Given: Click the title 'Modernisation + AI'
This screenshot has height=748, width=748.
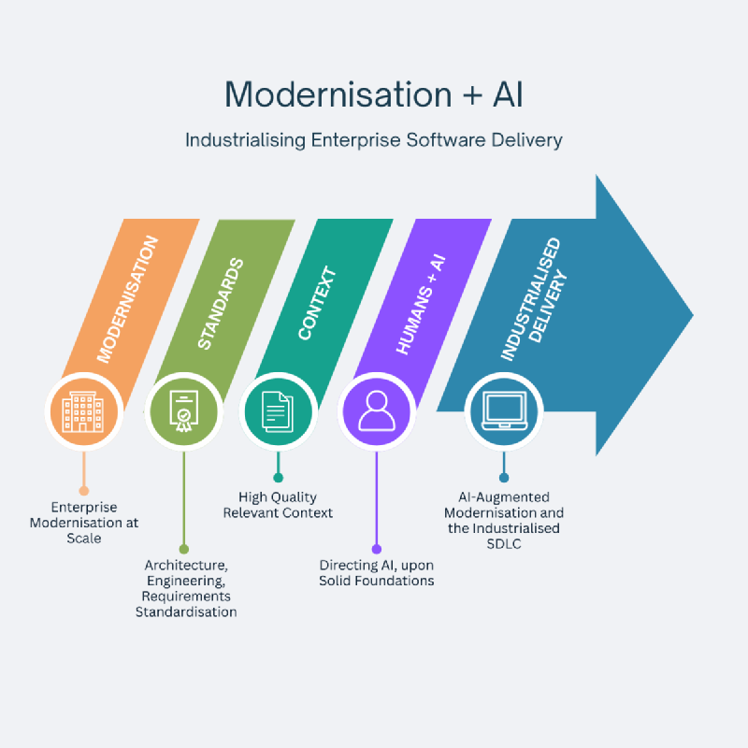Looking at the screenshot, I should pyautogui.click(x=373, y=95).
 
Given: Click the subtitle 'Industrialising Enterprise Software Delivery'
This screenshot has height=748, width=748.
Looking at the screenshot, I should pyautogui.click(x=373, y=140).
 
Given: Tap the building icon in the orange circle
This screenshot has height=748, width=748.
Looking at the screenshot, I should pyautogui.click(x=83, y=411).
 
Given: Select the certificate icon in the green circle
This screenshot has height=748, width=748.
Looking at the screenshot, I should pyautogui.click(x=183, y=411).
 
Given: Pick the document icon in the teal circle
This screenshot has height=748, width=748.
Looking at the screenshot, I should pyautogui.click(x=278, y=411).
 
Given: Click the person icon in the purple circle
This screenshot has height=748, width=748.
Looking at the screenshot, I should pyautogui.click(x=377, y=411).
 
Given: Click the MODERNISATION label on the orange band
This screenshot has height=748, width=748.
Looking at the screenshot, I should pyautogui.click(x=129, y=299).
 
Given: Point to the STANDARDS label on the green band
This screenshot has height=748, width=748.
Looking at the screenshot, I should pyautogui.click(x=221, y=305).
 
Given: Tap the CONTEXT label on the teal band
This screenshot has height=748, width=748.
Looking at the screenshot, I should pyautogui.click(x=317, y=304).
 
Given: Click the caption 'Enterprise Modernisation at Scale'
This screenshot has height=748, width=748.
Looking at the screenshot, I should pyautogui.click(x=84, y=523).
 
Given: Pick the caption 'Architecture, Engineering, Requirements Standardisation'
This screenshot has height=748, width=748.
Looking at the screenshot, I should pyautogui.click(x=186, y=588).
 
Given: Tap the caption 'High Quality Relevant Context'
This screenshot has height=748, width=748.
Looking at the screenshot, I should pyautogui.click(x=278, y=505).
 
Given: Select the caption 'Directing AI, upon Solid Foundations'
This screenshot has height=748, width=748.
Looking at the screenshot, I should pyautogui.click(x=376, y=573).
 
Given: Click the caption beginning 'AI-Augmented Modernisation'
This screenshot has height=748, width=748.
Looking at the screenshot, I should pyautogui.click(x=504, y=520).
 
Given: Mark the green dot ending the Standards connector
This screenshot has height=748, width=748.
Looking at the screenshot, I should pyautogui.click(x=183, y=549).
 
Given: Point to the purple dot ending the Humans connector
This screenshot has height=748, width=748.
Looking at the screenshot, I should pyautogui.click(x=377, y=549).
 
